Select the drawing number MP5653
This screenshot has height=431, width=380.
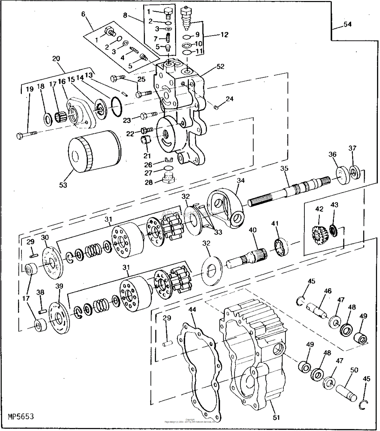click(21, 417)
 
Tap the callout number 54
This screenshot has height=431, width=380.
click(348, 24)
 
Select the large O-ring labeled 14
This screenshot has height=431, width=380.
click(117, 106)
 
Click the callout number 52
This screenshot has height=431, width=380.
click(220, 67)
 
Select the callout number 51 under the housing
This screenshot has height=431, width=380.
click(276, 418)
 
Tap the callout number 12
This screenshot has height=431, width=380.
click(224, 35)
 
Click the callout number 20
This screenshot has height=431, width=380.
click(56, 59)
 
